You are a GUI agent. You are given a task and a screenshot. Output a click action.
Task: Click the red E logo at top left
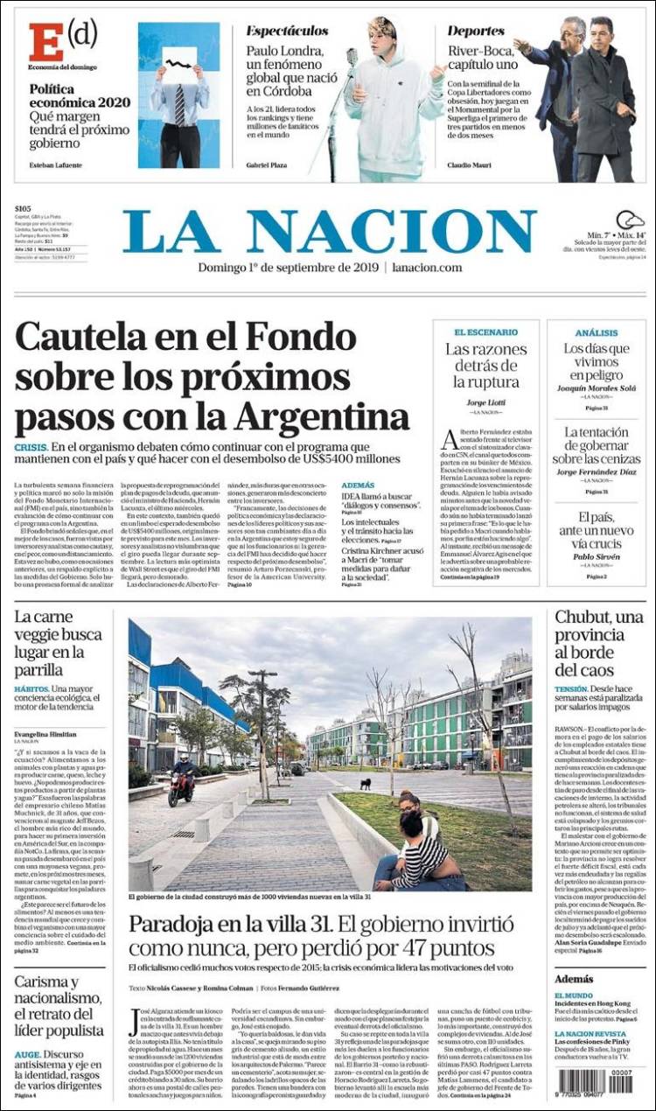coord(45,42)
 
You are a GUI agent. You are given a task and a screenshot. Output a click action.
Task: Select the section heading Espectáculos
coord(287,31)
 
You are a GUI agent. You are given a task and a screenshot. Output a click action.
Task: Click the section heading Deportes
coord(476,31)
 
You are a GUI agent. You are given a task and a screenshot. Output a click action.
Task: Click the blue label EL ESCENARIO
coord(485,332)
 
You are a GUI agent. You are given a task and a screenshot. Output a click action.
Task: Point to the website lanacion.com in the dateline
coord(427,268)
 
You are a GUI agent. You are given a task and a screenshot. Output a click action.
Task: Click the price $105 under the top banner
coord(24,208)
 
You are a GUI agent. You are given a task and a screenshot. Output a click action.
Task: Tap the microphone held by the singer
coord(352,59)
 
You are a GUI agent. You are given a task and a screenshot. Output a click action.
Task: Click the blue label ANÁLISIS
coord(597,332)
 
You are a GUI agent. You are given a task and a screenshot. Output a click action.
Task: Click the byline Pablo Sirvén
coord(597,556)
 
